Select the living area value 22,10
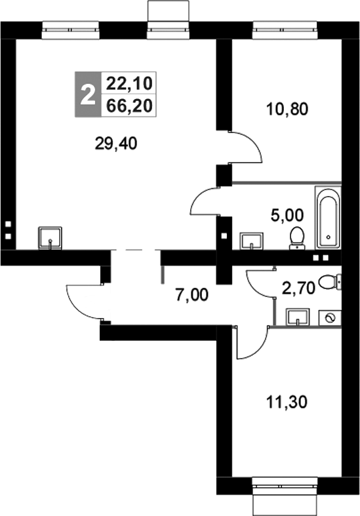(130, 84)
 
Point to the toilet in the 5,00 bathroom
(297, 237)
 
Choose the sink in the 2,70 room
(299, 318)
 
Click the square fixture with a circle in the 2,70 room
(330, 318)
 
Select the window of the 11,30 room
(285, 486)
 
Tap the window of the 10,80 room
(284, 28)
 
